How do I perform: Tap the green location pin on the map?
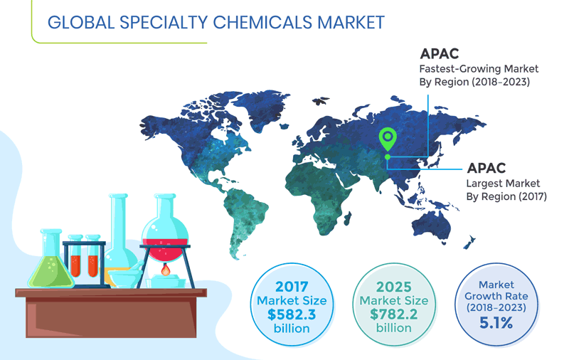(x=388, y=137)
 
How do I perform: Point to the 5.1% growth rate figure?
(x=496, y=322)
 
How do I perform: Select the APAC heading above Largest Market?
(x=486, y=169)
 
